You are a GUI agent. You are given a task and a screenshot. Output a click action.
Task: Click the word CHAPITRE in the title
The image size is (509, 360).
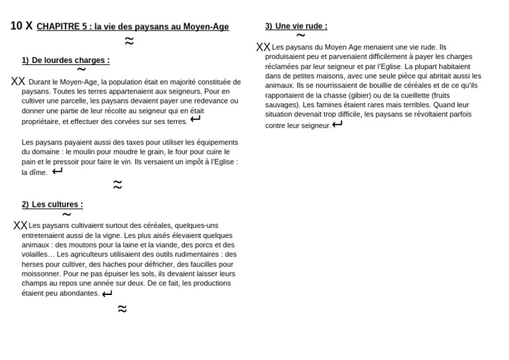point(55,27)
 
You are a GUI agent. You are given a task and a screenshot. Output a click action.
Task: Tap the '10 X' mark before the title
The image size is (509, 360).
point(21,26)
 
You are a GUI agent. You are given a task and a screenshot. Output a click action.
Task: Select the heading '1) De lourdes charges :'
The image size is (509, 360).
point(66,60)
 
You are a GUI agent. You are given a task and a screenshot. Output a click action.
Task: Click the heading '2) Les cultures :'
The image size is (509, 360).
point(52,204)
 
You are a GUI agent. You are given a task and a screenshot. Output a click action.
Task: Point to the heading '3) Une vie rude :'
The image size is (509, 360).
point(296,26)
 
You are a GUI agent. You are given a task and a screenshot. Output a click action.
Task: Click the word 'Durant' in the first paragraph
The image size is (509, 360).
point(40,82)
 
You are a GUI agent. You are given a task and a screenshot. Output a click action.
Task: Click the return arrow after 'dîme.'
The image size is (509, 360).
point(58,171)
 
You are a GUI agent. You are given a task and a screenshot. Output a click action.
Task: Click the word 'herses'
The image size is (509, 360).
point(32,264)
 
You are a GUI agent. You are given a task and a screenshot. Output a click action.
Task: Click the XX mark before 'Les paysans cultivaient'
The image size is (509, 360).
point(21,225)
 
